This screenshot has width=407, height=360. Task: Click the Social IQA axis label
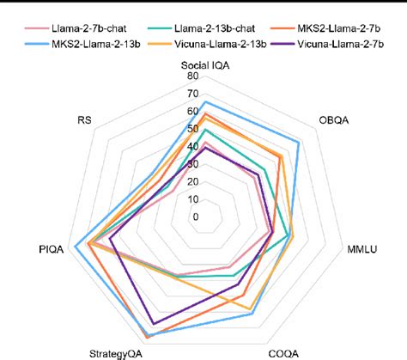point(204,65)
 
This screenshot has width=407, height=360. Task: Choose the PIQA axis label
point(52,250)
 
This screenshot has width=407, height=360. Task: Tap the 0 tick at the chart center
point(196,217)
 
